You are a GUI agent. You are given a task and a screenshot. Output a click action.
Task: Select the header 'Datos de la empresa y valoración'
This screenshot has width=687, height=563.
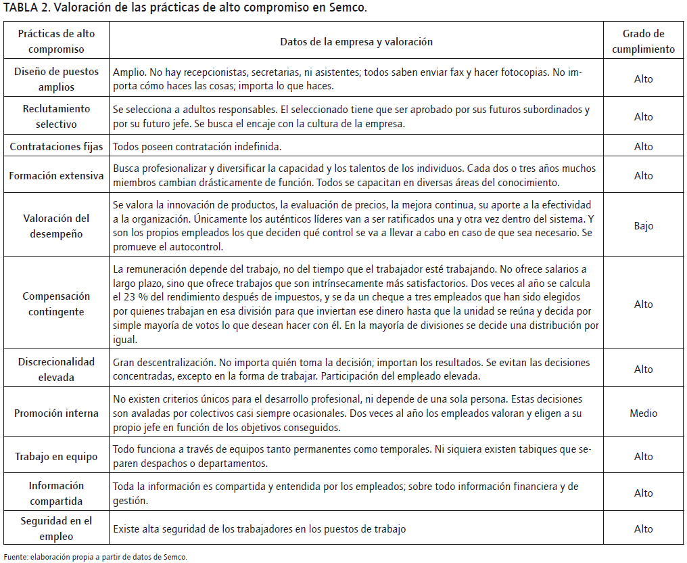click(x=356, y=41)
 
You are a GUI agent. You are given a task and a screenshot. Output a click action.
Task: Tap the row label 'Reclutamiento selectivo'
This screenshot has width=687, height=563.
click(x=57, y=116)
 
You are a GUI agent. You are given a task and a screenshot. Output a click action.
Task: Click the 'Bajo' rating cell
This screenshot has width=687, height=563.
click(x=643, y=226)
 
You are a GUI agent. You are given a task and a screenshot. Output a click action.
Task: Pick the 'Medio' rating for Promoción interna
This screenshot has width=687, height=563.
click(x=643, y=413)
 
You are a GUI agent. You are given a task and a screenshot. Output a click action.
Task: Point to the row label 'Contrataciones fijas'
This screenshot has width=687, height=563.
click(x=57, y=146)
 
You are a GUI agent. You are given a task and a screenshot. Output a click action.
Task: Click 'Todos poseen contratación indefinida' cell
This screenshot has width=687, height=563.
click(x=197, y=146)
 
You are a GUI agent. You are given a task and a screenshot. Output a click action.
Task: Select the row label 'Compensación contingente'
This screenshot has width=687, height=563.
click(x=57, y=305)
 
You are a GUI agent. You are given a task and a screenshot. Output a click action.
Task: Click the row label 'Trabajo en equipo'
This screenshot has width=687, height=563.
click(x=57, y=457)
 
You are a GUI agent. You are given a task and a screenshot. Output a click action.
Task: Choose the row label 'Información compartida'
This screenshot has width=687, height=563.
click(x=57, y=493)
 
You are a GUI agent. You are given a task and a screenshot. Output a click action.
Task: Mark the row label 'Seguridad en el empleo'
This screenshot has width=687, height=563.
click(x=57, y=529)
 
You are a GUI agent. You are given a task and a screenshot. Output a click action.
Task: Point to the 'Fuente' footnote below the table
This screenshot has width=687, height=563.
click(x=95, y=557)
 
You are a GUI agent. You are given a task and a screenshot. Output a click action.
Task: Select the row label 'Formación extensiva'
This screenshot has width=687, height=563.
click(x=57, y=176)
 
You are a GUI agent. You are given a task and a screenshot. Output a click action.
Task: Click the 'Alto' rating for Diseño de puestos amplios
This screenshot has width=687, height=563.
click(x=643, y=79)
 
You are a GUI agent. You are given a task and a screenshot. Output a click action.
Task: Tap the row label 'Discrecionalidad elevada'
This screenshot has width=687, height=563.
click(x=57, y=369)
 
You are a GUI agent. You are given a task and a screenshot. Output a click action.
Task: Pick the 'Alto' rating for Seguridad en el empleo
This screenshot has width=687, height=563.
click(x=643, y=529)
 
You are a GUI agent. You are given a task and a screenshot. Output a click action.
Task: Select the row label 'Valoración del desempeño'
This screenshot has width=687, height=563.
click(x=57, y=226)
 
